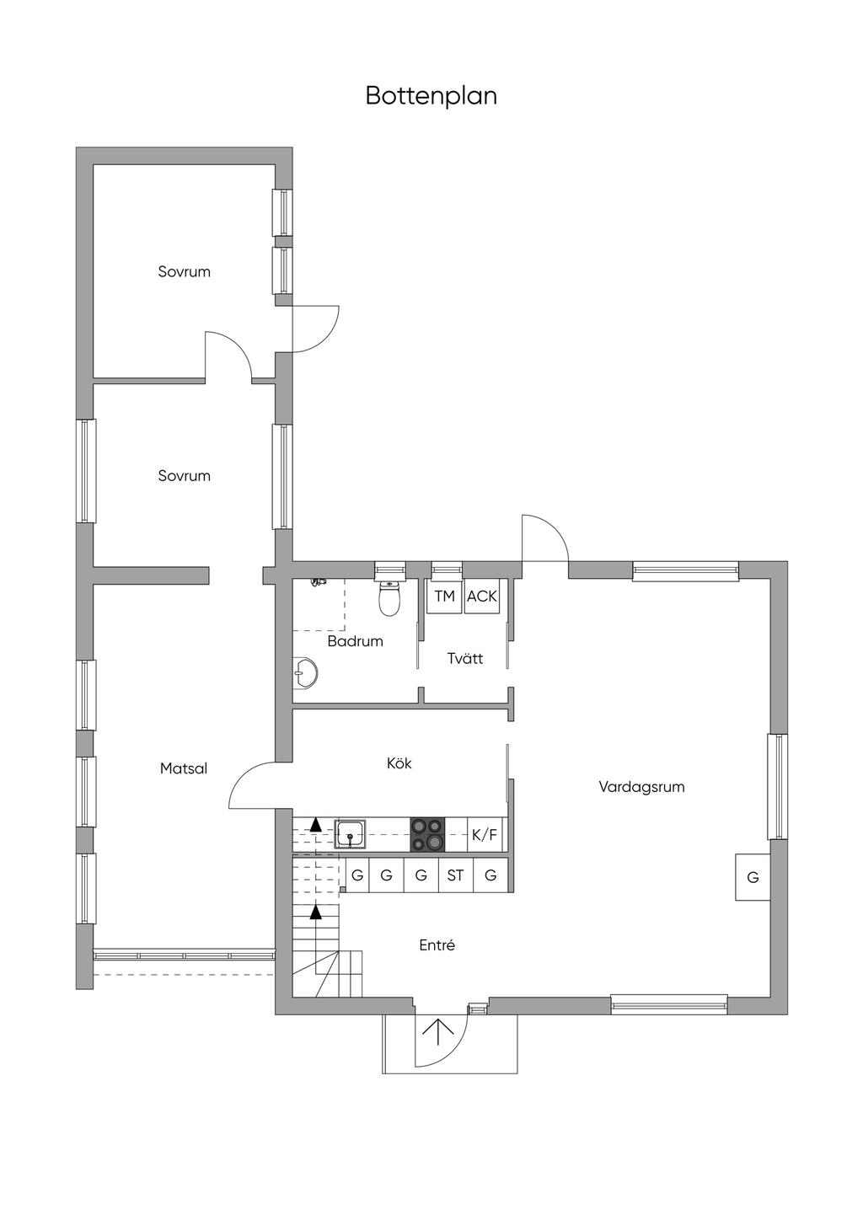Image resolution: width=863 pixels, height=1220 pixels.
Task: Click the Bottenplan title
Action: (x=431, y=96)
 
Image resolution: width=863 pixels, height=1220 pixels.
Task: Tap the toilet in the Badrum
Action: (x=389, y=597)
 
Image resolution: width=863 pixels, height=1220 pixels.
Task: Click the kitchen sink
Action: (x=350, y=834)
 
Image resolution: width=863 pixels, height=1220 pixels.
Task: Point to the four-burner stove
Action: (x=427, y=834)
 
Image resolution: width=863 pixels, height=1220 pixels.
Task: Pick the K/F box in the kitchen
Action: (x=485, y=834)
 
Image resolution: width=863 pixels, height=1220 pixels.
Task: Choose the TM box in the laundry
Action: (x=445, y=597)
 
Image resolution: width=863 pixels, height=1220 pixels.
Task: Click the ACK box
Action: (x=481, y=597)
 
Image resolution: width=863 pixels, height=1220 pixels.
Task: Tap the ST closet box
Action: (x=455, y=875)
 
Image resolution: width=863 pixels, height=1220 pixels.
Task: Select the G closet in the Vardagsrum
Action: (x=753, y=877)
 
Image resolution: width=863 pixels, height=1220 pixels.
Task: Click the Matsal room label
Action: (x=184, y=768)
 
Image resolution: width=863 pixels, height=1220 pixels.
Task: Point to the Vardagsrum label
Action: (x=641, y=787)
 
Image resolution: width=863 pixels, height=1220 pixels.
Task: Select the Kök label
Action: (x=399, y=763)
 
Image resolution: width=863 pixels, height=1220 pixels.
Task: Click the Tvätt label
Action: (x=464, y=659)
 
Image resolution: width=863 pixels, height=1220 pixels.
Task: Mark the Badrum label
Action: (x=355, y=641)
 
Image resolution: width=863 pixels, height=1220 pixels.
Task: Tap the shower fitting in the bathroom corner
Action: (x=318, y=582)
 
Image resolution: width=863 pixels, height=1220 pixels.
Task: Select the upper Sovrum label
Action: (x=185, y=271)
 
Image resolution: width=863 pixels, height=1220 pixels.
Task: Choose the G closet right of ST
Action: (x=490, y=875)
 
